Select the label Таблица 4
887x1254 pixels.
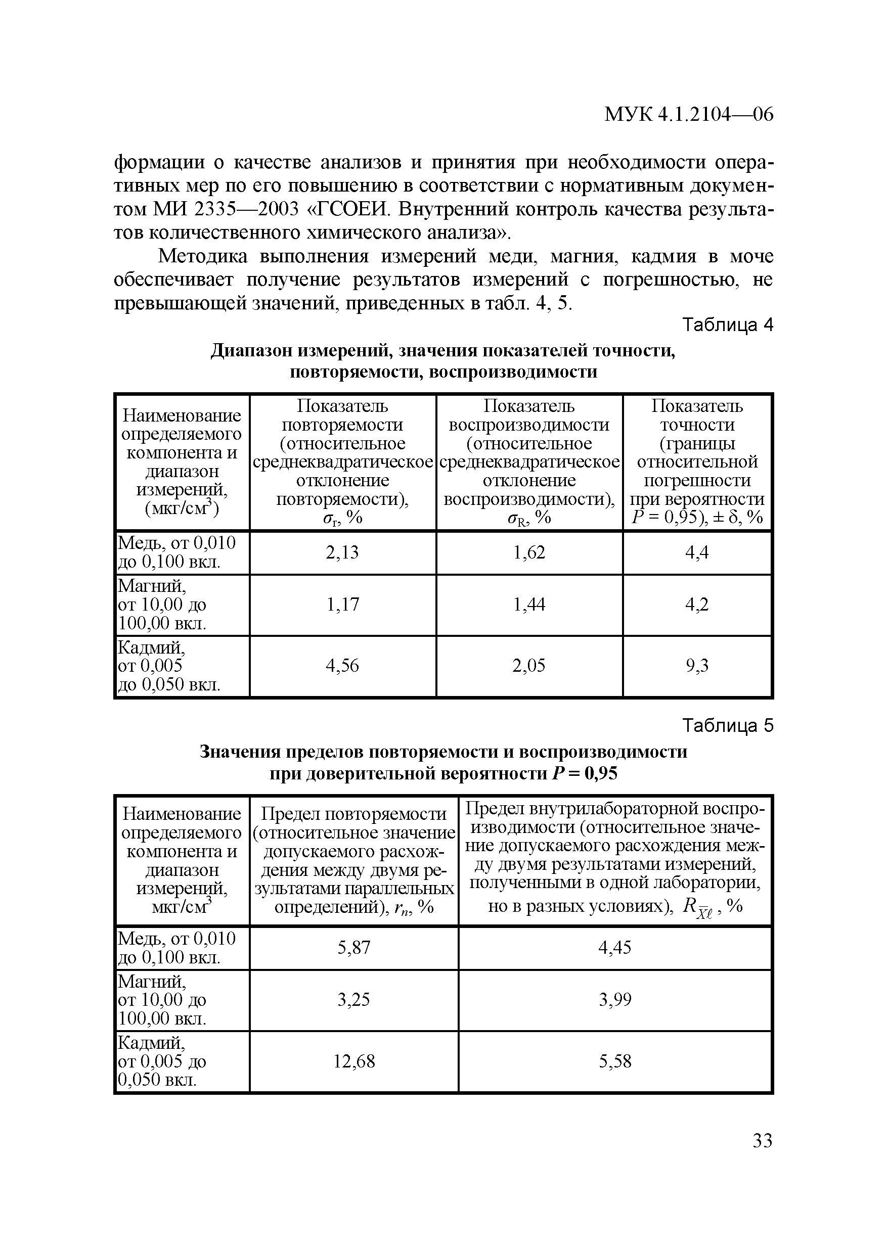click(728, 326)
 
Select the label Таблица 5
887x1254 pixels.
click(728, 726)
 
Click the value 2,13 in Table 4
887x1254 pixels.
click(342, 553)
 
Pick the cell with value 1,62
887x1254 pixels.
click(529, 553)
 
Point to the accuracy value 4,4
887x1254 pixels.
click(697, 553)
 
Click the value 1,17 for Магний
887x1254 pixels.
click(342, 604)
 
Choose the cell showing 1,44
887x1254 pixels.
click(529, 604)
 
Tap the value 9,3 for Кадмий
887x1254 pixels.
click(697, 665)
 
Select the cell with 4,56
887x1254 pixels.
click(342, 665)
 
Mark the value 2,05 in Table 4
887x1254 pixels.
click(529, 665)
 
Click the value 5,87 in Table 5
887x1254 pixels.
click(353, 948)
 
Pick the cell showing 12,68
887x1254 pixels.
click(353, 1061)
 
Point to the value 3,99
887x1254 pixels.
click(615, 999)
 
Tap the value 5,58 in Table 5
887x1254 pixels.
click(615, 1061)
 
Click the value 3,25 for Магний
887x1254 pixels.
click(353, 999)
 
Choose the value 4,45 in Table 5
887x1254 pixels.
click(615, 948)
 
